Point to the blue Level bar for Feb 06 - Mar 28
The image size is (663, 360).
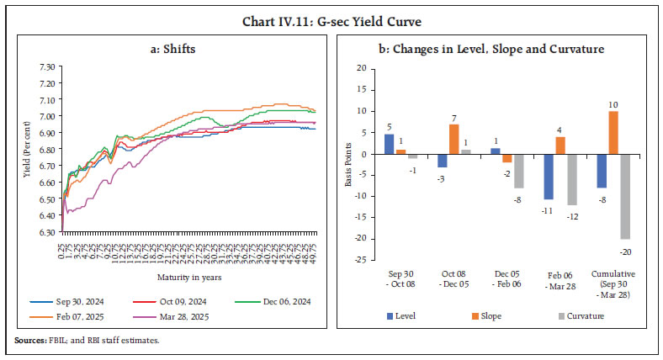(547, 177)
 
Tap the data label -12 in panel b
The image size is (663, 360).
(573, 216)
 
